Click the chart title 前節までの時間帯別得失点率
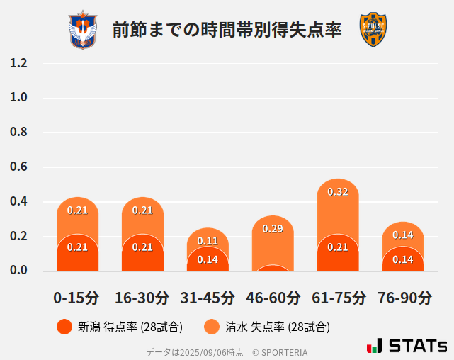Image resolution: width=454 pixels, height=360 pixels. (x=227, y=30)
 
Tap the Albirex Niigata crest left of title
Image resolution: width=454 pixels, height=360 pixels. (x=82, y=30)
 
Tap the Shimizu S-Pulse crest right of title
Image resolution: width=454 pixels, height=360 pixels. (x=373, y=30)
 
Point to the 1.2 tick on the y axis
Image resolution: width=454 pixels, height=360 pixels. (x=18, y=63)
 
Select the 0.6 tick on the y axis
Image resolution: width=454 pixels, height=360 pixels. (x=18, y=167)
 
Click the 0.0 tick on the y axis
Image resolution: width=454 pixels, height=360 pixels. (x=18, y=271)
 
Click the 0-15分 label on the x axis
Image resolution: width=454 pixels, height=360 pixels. (x=76, y=298)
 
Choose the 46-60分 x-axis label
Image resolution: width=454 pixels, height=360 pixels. (x=273, y=298)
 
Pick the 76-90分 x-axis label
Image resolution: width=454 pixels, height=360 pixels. (x=403, y=298)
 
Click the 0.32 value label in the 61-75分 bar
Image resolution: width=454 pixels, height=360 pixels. (x=338, y=192)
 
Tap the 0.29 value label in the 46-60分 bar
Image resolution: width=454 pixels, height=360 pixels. (x=273, y=229)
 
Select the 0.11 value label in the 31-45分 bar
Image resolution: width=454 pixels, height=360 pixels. (x=208, y=241)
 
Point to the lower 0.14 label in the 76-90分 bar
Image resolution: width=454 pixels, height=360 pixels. (x=403, y=259)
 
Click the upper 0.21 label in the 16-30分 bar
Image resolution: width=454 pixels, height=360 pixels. (x=142, y=210)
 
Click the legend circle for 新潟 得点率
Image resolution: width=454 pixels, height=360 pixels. (x=64, y=327)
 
